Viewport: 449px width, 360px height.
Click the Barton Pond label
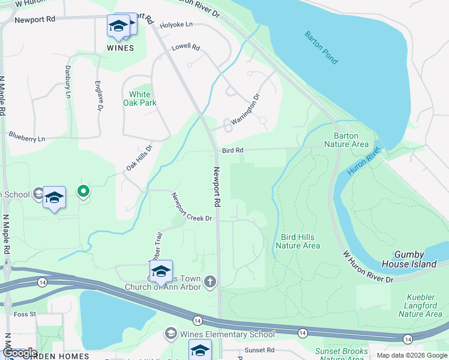pyautogui.click(x=321, y=48)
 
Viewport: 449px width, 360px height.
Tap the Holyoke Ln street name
pyautogui.click(x=176, y=25)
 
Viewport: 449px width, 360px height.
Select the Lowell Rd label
pyautogui.click(x=185, y=46)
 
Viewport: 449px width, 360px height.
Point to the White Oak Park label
pyautogui.click(x=140, y=98)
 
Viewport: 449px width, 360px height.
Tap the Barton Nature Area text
pyautogui.click(x=346, y=140)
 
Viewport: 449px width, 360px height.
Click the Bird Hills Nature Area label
pyautogui.click(x=298, y=241)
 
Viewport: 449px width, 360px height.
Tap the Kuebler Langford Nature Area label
pyautogui.click(x=420, y=305)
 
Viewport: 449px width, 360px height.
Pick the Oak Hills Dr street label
pyautogui.click(x=139, y=157)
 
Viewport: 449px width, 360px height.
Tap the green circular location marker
pyautogui.click(x=83, y=191)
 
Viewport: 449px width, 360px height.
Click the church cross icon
pyautogui.click(x=210, y=281)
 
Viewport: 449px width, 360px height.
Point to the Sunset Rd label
pyautogui.click(x=259, y=350)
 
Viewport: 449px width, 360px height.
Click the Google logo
pyautogui.click(x=19, y=353)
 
